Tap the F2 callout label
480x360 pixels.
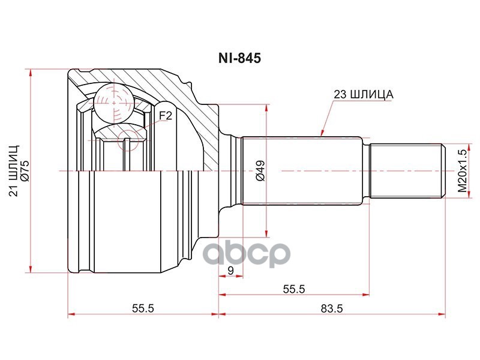[x=166, y=116]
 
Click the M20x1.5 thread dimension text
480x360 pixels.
[x=462, y=172]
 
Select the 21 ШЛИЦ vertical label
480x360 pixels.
[x=13, y=170]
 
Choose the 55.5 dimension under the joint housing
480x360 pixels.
[x=143, y=308]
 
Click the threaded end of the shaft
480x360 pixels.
[x=406, y=172]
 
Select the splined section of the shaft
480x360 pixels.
[x=303, y=172]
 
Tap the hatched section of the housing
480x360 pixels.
[x=180, y=108]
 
